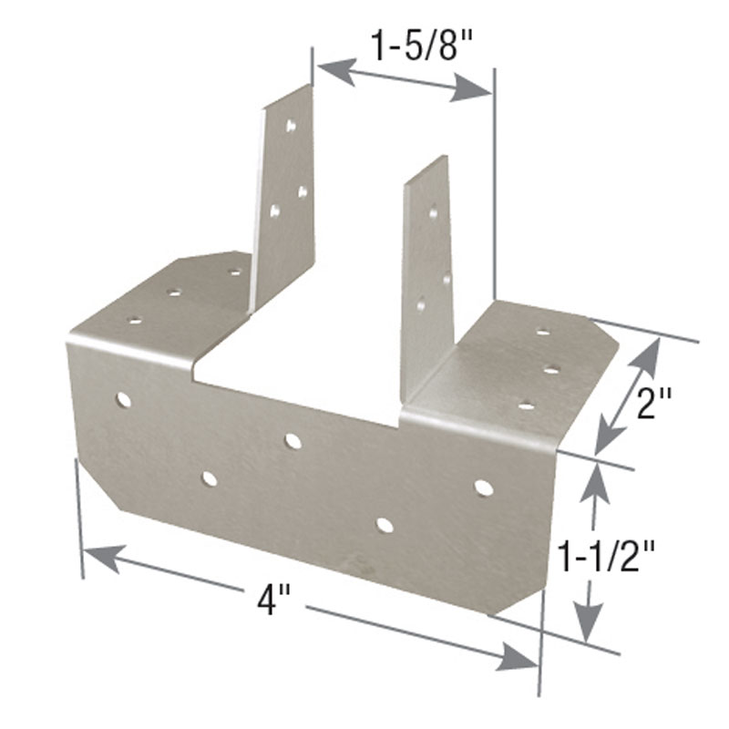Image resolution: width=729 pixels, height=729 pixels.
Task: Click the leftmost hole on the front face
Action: [123, 399]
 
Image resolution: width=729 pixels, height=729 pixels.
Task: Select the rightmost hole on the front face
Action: [484, 488]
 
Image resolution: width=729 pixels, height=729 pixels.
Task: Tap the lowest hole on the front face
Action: [385, 525]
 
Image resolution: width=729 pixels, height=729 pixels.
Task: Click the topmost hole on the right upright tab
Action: [433, 213]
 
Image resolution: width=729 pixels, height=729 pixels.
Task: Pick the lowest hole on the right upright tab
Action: [421, 305]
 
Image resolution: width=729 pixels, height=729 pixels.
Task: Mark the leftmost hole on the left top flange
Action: [134, 320]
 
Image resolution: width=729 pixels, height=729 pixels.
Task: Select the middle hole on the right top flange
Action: [551, 369]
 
